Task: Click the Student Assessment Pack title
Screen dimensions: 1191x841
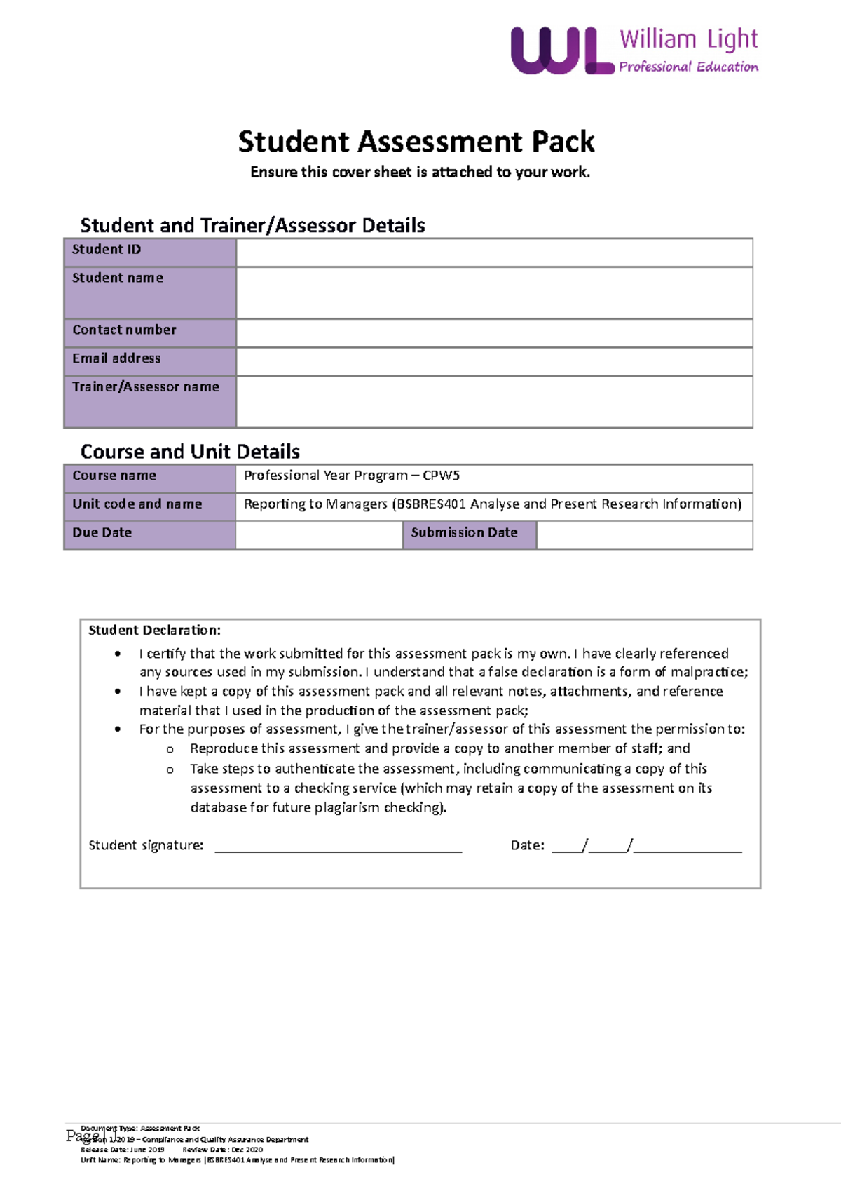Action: point(416,142)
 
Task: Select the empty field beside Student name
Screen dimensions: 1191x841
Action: point(494,292)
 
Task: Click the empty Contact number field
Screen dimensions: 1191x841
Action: point(494,332)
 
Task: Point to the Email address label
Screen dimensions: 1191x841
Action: point(116,358)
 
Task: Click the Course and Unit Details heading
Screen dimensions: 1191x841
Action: point(190,451)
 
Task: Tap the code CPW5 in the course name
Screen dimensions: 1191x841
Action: point(442,476)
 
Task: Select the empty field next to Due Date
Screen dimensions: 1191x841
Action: point(319,534)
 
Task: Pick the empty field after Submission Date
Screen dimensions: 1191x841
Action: point(644,534)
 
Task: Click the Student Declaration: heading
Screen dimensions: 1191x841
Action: point(154,630)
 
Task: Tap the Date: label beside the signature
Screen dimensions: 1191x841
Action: point(527,845)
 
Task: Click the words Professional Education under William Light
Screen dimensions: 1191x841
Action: point(688,67)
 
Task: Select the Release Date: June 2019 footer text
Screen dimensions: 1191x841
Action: point(123,1150)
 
